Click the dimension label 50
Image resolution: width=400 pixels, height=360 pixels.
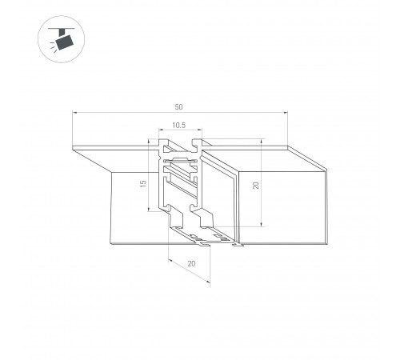[178, 107]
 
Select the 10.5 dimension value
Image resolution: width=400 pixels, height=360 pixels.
[178, 125]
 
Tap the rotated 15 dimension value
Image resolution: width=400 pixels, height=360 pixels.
[143, 183]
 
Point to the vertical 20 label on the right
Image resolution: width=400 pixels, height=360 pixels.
[255, 185]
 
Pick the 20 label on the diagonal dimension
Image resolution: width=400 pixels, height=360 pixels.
[191, 263]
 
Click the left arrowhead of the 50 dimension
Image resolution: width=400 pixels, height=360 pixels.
[74, 113]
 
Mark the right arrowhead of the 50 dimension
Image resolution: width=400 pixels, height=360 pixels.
[286, 113]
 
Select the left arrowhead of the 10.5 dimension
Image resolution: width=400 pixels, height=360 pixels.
[161, 130]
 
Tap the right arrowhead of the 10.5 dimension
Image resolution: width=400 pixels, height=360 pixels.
[200, 130]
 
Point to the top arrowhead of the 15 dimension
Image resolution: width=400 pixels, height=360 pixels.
[148, 142]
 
